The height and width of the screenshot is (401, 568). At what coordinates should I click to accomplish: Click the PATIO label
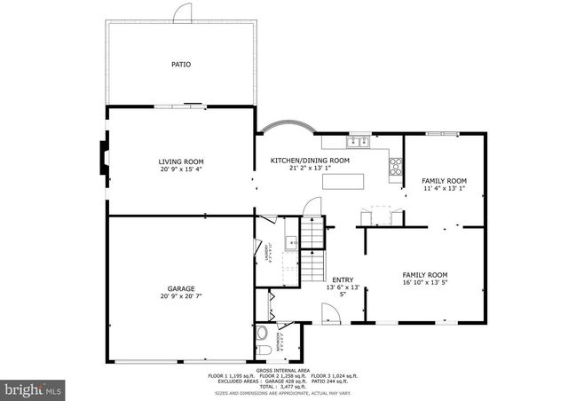[181, 65]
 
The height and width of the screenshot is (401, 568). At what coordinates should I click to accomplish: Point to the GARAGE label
[181, 288]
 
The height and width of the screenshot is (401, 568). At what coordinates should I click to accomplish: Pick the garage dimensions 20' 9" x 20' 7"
[181, 296]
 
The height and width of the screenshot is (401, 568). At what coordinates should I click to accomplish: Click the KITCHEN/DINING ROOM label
[310, 161]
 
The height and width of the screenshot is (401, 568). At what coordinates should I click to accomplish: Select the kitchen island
[344, 181]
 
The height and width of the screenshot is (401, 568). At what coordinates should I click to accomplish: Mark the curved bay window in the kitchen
[291, 126]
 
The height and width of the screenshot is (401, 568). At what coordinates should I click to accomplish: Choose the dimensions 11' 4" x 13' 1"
[444, 188]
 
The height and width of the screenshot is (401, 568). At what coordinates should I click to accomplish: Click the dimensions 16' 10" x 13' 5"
[425, 283]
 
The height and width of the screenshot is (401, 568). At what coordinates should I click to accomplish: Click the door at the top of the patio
[182, 12]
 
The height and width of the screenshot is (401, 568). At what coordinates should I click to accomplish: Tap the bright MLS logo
[33, 389]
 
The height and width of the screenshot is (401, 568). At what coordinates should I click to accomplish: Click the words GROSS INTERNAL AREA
[282, 370]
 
